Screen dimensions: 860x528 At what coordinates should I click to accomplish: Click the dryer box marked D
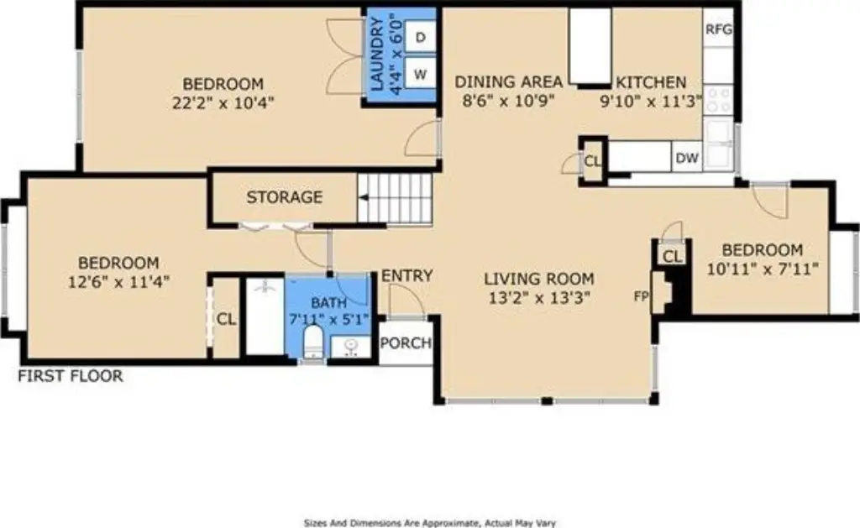point(420,37)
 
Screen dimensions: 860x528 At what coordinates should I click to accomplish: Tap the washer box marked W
point(420,74)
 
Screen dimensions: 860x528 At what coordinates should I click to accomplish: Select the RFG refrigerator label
point(719,29)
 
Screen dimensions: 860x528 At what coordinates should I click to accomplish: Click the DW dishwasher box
point(687,158)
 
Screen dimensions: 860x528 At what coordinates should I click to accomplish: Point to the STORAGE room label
point(284,197)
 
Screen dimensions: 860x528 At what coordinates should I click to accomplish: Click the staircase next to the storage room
point(395,198)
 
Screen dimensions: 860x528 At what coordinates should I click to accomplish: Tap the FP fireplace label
point(641,296)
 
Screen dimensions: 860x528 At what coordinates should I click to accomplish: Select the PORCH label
point(406,343)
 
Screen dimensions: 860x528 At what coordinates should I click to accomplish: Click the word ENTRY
point(407,276)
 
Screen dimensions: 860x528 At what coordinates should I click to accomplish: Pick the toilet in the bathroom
point(314,342)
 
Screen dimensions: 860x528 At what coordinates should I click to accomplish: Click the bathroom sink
point(351,346)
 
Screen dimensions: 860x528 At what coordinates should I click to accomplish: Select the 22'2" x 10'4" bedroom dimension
point(223,102)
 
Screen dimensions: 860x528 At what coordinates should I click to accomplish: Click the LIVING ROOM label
point(539,279)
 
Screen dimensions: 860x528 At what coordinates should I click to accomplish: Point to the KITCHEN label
point(651,83)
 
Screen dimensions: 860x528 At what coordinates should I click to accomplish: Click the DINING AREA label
point(509,82)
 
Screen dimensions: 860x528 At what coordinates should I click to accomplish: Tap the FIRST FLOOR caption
point(71,376)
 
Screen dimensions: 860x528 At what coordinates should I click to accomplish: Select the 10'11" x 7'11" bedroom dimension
point(763,269)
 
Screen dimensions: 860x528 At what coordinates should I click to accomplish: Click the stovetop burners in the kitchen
point(719,100)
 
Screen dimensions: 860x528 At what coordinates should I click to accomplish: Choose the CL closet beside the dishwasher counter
point(592,161)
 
